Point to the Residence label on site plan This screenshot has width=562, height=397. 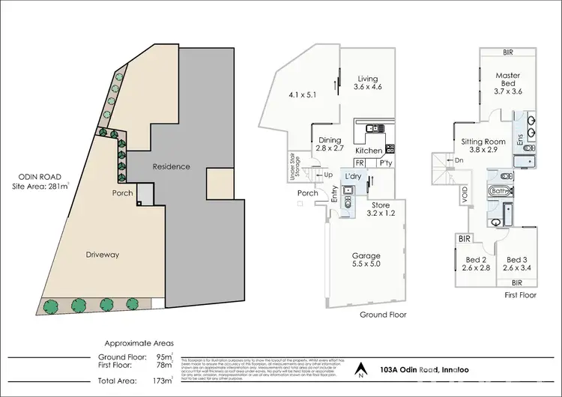169,166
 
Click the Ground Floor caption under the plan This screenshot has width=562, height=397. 382,315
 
